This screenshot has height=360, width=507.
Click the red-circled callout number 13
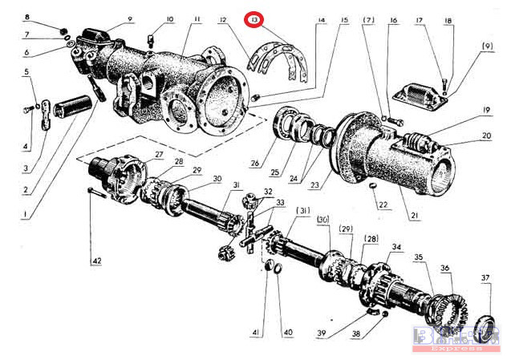254,18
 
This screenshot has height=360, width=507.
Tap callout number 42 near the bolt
96,261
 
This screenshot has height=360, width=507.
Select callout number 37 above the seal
485,277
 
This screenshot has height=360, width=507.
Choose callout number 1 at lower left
24,215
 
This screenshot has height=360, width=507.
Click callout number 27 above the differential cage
159,154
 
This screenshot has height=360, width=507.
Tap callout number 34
396,246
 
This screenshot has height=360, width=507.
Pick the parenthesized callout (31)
305,211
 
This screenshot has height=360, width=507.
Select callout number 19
486,109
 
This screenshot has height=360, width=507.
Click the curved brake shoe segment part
282,62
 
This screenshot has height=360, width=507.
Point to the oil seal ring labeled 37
485,328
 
